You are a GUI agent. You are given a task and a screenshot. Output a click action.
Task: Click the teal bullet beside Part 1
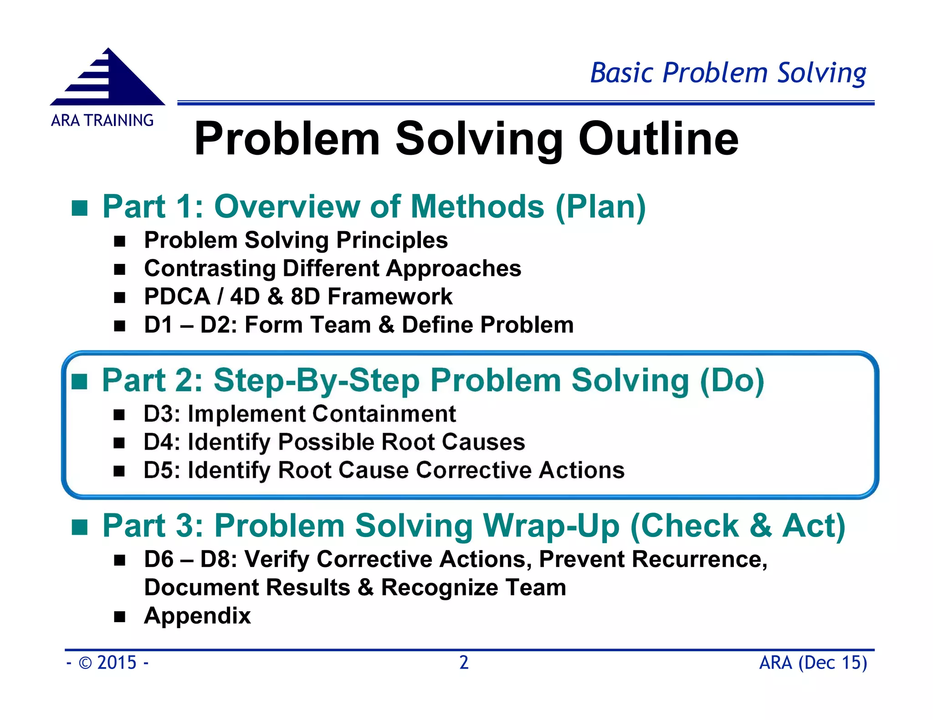coord(80,208)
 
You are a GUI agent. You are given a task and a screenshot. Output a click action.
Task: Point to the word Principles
coord(392,240)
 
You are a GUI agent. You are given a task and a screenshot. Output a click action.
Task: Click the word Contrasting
coord(210,268)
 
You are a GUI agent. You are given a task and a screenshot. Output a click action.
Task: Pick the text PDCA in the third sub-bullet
coord(177,297)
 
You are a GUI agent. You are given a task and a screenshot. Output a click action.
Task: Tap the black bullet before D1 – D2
coord(120,326)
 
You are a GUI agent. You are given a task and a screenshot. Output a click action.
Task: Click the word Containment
coord(384,414)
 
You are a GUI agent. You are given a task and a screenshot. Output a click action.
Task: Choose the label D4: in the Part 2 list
coord(162,442)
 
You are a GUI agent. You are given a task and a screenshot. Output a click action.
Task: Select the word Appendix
coord(197,616)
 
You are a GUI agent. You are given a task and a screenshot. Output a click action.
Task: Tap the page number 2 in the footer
coord(464,663)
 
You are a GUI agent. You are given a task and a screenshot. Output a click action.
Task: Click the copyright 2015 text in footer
coord(108,663)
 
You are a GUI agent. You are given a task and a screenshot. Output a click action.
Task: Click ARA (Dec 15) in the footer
coord(813,663)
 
